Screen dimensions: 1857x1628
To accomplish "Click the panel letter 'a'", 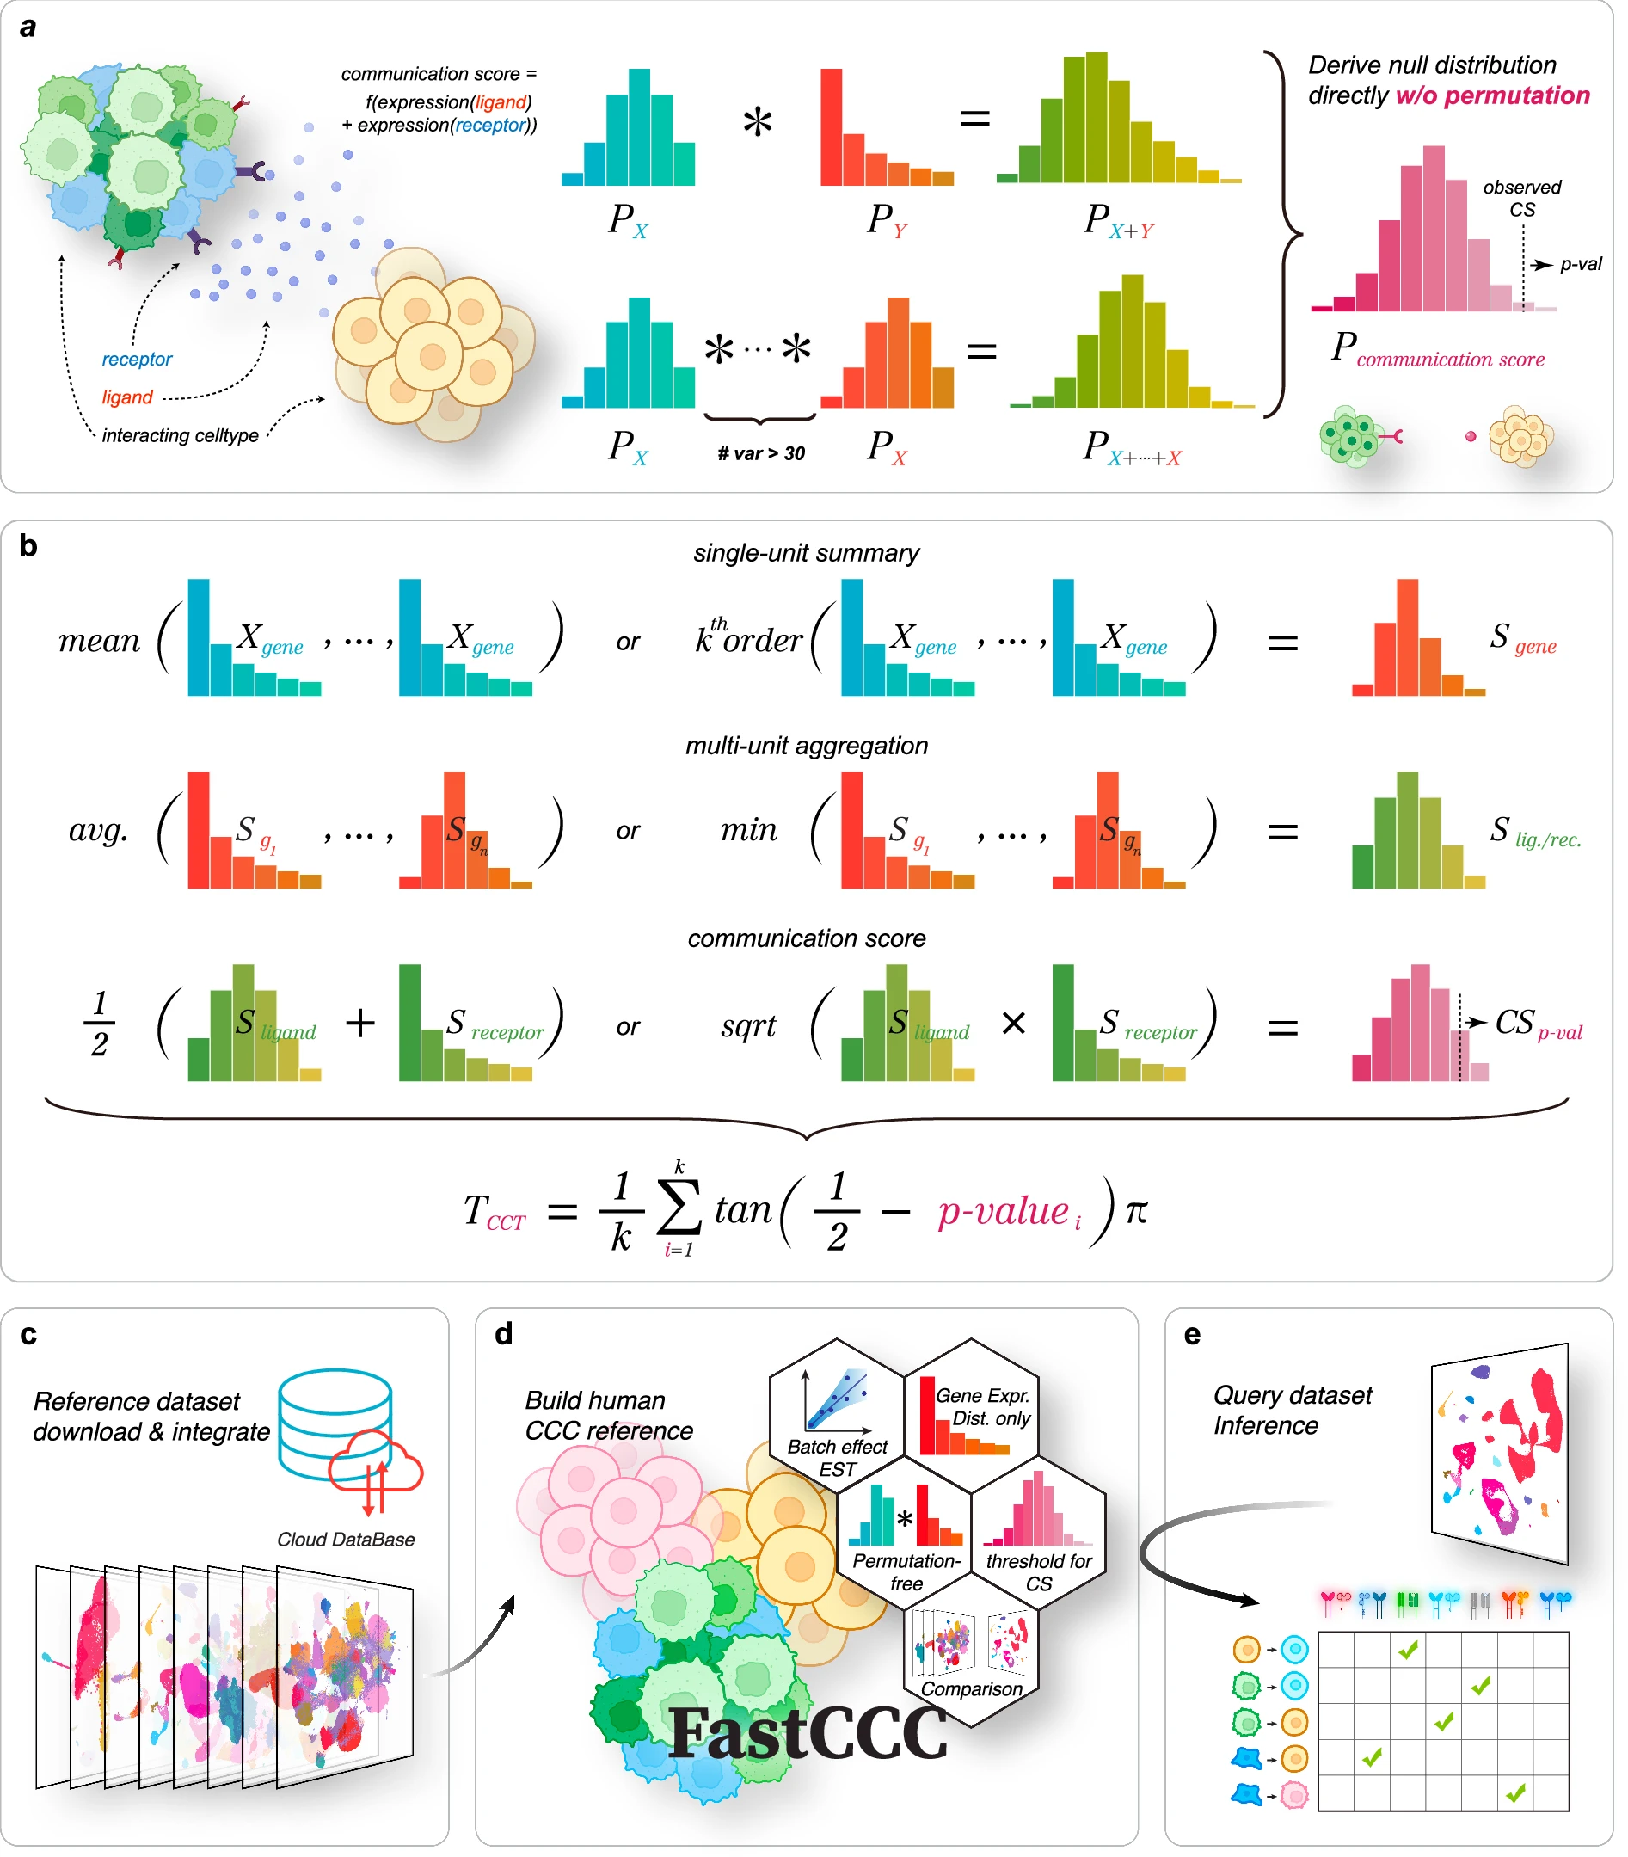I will coord(28,28).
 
